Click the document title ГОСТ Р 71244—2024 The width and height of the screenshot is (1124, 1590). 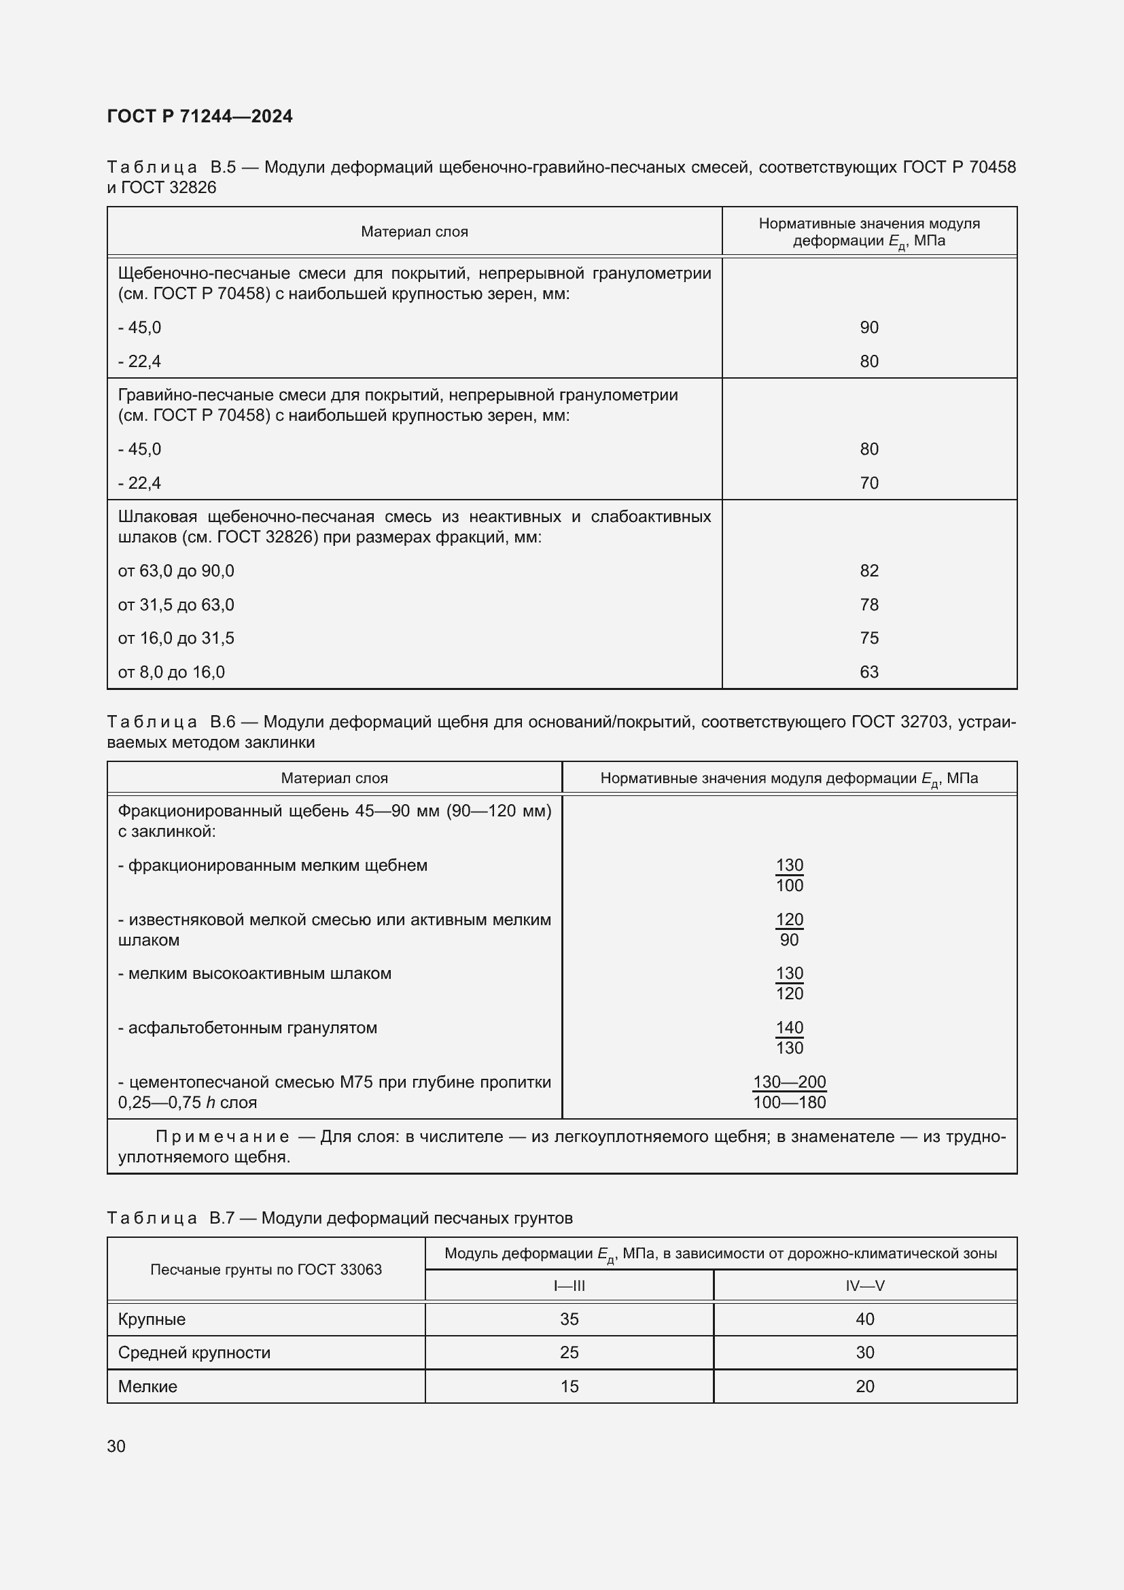click(x=199, y=116)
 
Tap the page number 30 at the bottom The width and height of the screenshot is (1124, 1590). click(x=116, y=1446)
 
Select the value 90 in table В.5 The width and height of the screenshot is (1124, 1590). click(x=868, y=328)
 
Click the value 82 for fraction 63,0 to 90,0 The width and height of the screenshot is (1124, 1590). click(x=868, y=570)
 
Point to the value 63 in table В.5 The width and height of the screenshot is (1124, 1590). click(x=868, y=672)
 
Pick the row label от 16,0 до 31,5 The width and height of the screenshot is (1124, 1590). click(x=176, y=638)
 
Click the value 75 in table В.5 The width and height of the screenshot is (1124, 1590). click(x=868, y=638)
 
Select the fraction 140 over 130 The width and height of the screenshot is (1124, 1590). click(x=789, y=1037)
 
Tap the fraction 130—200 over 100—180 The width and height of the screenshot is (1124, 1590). click(x=789, y=1092)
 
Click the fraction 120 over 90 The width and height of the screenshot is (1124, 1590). click(x=789, y=929)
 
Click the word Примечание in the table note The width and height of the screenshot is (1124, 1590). click(x=222, y=1137)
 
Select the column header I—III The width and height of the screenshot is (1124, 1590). click(x=569, y=1286)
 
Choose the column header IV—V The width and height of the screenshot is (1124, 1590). click(x=864, y=1286)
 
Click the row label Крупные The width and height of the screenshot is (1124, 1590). click(x=152, y=1319)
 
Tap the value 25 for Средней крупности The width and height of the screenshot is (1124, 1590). click(x=569, y=1353)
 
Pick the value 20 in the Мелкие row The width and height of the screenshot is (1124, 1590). click(x=864, y=1386)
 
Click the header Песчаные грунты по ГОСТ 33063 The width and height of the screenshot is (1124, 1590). click(x=266, y=1269)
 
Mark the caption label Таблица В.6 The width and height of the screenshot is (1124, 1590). click(x=172, y=723)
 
